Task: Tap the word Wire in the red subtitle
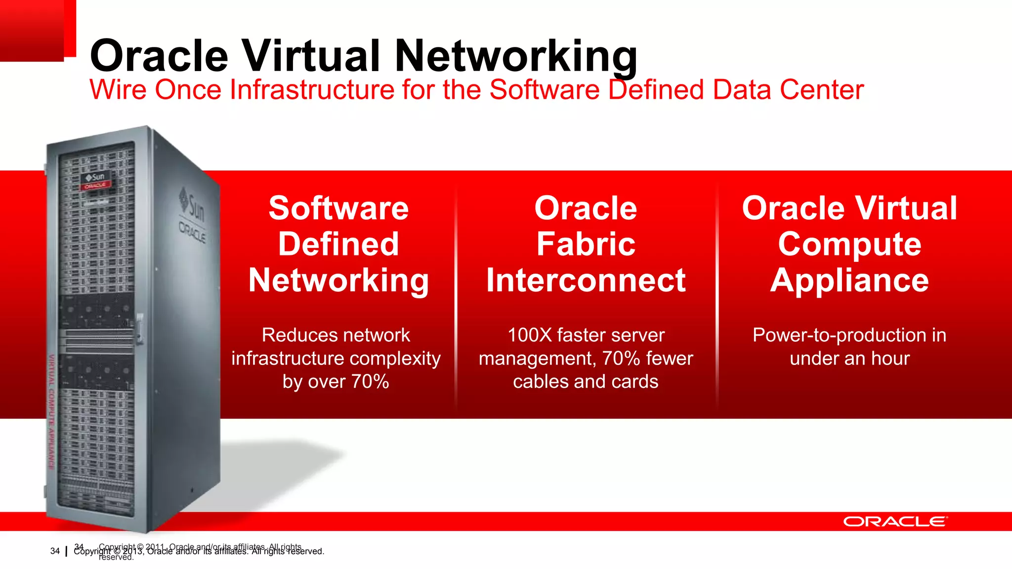coord(118,90)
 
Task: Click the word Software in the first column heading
coord(338,208)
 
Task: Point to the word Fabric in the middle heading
coord(586,244)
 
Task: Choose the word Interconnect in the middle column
coord(586,280)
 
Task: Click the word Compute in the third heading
coord(849,244)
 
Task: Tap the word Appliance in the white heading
coord(849,280)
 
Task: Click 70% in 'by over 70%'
coord(370,382)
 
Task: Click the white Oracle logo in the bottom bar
coord(895,522)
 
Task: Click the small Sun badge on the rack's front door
coord(96,180)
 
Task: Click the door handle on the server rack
coord(140,328)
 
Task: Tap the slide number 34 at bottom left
coord(55,551)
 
